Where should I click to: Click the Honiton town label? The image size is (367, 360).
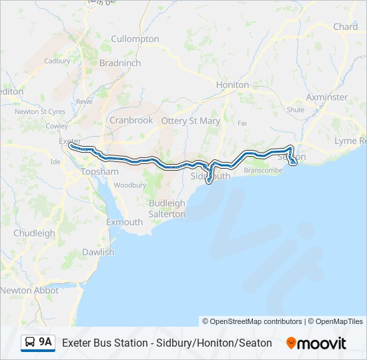[232, 85]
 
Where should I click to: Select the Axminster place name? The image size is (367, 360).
[326, 97]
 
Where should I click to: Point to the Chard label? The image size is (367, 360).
[345, 27]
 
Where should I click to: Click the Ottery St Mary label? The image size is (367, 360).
[190, 121]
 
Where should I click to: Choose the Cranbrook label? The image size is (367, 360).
[131, 120]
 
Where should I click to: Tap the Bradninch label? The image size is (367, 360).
[119, 63]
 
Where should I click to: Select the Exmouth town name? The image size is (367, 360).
[125, 221]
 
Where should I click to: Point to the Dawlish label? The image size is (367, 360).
[98, 252]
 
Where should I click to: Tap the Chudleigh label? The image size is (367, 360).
[35, 233]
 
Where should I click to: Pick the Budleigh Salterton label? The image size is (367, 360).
[167, 208]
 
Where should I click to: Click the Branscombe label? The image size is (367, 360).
[263, 170]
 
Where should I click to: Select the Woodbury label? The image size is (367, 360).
[125, 185]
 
